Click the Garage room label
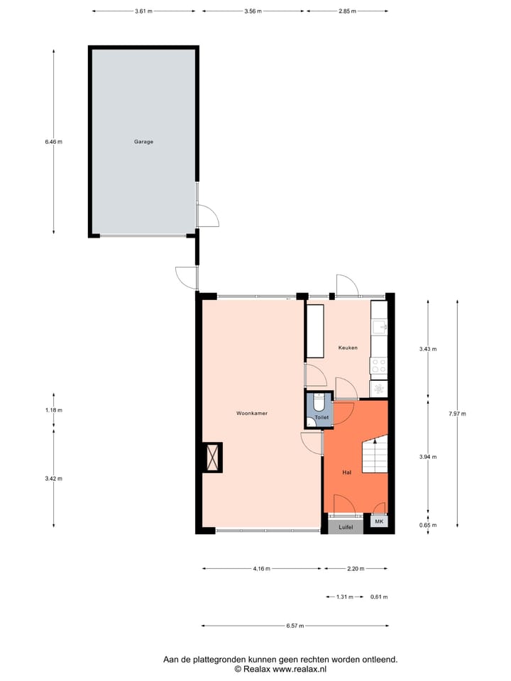click(x=144, y=141)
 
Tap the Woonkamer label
click(x=252, y=413)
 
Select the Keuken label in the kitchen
click(x=348, y=348)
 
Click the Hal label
click(x=346, y=471)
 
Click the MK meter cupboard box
click(x=378, y=523)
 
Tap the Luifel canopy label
click(x=346, y=527)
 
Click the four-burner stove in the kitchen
click(x=379, y=365)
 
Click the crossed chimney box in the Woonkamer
click(x=212, y=457)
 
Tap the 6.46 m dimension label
click(x=53, y=141)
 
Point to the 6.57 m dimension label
click(x=295, y=626)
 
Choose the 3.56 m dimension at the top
click(x=253, y=12)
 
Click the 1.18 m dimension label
click(x=53, y=410)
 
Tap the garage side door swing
click(x=207, y=216)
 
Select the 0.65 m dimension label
click(x=428, y=526)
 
